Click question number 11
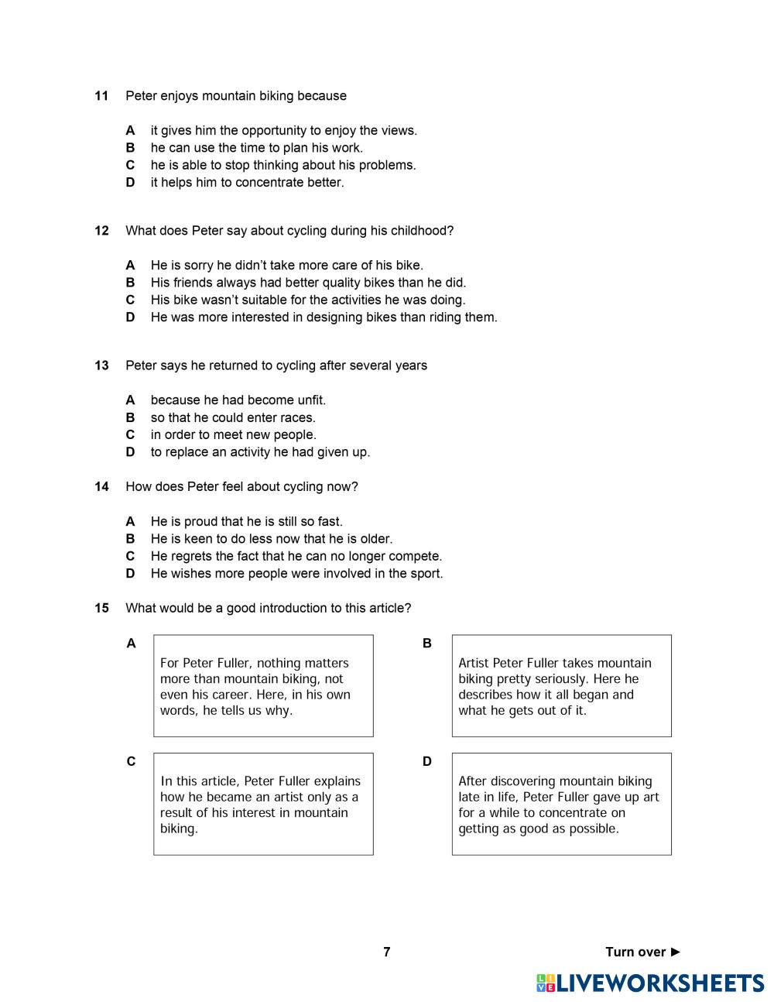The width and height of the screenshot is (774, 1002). [101, 96]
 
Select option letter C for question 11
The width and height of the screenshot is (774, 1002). [130, 165]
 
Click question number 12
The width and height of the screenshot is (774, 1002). [101, 231]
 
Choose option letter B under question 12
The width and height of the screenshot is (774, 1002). [130, 283]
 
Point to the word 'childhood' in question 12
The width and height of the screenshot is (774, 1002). [421, 231]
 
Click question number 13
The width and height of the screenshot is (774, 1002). [101, 365]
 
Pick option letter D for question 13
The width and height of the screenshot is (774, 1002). [130, 452]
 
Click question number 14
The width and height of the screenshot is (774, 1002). [101, 487]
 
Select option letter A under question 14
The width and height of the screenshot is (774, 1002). [130, 522]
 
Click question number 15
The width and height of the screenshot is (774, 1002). [101, 609]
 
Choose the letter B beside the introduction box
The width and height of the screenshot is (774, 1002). [426, 643]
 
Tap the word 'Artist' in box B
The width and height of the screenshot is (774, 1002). [474, 663]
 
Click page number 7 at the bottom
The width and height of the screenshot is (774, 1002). [387, 952]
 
